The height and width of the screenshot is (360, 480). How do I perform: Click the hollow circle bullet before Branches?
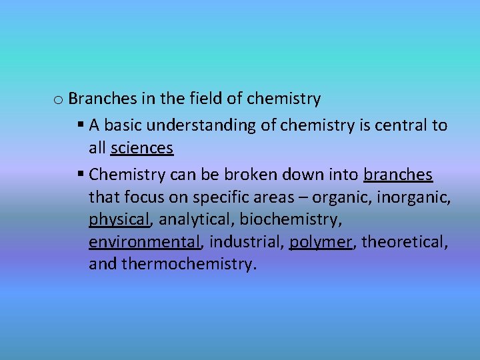click(58, 101)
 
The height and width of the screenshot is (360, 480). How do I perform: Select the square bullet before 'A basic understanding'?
click(80, 125)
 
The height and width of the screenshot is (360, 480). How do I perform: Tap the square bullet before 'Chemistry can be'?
click(80, 175)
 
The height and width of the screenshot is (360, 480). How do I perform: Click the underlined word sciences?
click(142, 148)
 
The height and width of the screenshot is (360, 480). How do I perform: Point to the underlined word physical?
click(119, 219)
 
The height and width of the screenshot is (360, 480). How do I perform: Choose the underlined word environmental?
click(145, 241)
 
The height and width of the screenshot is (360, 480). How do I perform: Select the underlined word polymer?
click(320, 241)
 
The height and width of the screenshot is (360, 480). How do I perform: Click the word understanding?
click(201, 125)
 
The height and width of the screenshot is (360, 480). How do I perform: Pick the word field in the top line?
click(205, 99)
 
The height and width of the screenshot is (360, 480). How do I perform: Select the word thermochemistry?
click(188, 264)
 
